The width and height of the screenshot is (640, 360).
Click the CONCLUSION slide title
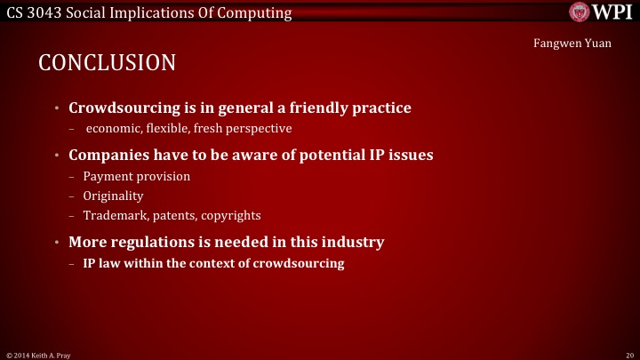click(107, 63)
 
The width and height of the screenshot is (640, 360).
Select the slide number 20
click(628, 354)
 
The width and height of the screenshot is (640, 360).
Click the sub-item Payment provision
click(136, 176)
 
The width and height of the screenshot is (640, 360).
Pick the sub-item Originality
click(113, 196)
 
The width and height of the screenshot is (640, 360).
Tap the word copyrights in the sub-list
click(230, 215)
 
